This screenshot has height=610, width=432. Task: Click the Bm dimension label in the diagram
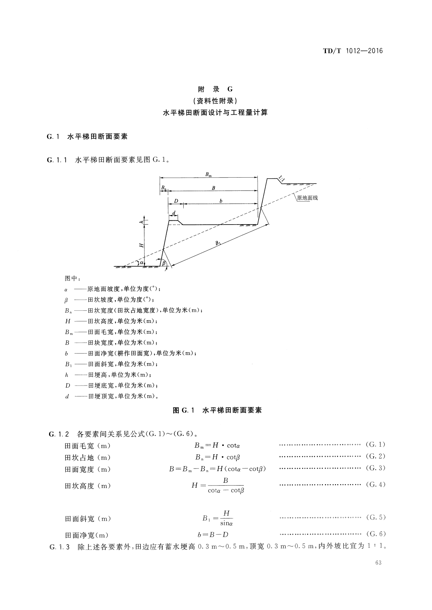point(208,175)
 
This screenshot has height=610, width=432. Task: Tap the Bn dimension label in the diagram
point(163,188)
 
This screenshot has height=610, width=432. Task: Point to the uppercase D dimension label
point(176,201)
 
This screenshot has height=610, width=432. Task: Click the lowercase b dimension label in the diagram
point(221,201)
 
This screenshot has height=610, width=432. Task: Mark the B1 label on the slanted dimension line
point(218,243)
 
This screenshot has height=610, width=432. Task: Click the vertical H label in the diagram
point(142,245)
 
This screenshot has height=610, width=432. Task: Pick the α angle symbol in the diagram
point(142,263)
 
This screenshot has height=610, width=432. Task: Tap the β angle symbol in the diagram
point(163,263)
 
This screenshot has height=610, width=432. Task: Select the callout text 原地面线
point(307,198)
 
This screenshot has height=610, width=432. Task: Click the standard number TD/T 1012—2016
point(353,51)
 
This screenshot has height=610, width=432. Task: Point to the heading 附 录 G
point(216,89)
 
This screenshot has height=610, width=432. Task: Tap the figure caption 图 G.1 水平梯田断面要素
point(217,410)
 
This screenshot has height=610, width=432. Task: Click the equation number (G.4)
point(376,485)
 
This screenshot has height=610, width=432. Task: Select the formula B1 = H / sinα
point(218,518)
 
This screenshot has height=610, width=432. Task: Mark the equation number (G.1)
point(376,444)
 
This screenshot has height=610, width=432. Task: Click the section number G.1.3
point(60,547)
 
